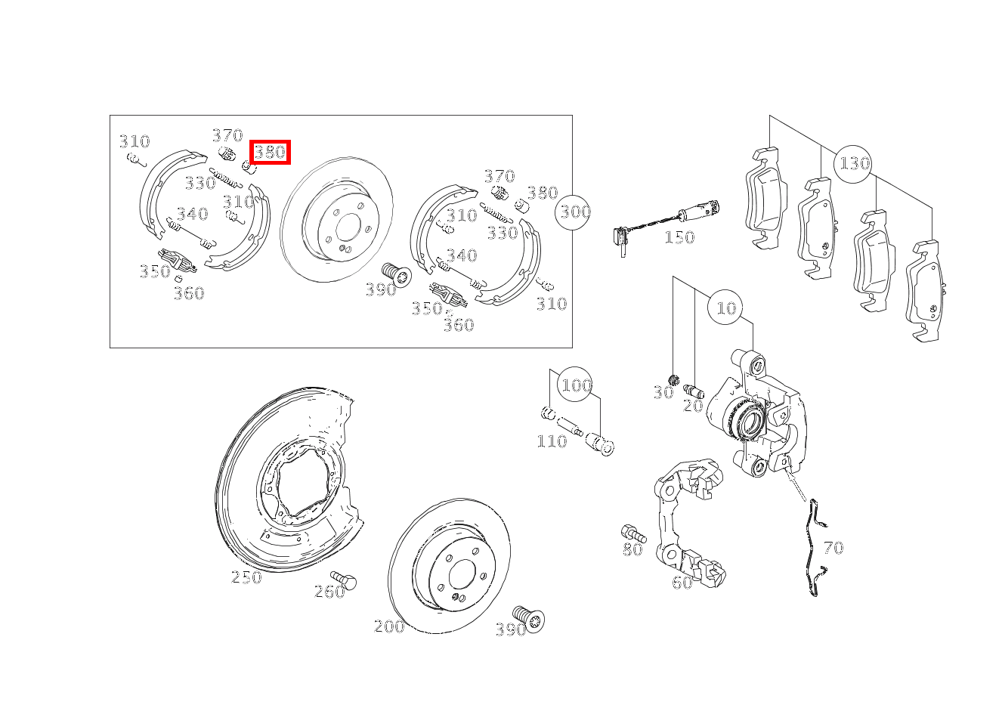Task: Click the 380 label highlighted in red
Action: (x=270, y=152)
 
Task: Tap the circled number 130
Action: (x=853, y=164)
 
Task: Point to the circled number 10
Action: (x=725, y=308)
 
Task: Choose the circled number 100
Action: (x=576, y=385)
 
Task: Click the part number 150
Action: (x=679, y=237)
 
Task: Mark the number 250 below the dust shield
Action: (x=246, y=577)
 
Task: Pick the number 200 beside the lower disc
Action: (x=389, y=626)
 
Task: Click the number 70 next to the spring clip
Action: (x=833, y=548)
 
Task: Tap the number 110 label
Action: (x=552, y=441)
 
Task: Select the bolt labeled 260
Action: (x=344, y=580)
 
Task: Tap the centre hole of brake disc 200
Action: (x=461, y=574)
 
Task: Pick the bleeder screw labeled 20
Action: (x=694, y=391)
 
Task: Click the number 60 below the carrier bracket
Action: (x=682, y=583)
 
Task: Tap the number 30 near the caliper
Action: (x=663, y=392)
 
